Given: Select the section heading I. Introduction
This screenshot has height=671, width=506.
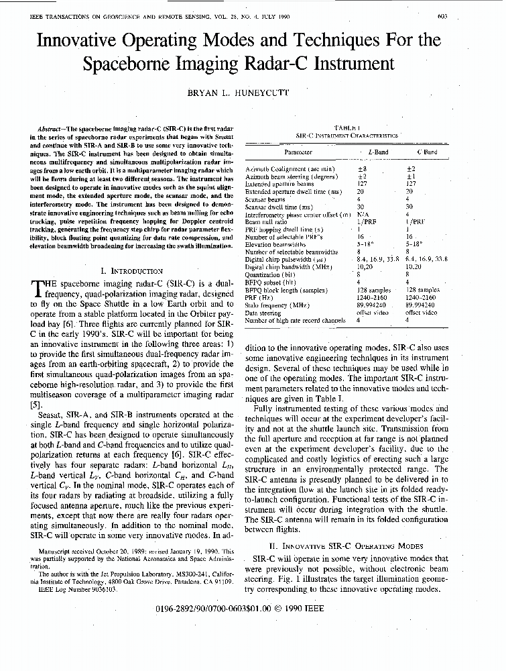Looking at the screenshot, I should [131, 271].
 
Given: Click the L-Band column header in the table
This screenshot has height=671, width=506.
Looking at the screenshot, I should [378, 152].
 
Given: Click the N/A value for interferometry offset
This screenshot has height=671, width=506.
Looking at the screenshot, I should [363, 214].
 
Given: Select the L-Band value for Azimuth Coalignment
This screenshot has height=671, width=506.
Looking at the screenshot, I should [363, 169].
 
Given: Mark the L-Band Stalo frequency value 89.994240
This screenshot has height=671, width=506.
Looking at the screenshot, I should [371, 305].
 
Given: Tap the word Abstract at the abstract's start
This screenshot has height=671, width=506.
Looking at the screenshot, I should [52, 126].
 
